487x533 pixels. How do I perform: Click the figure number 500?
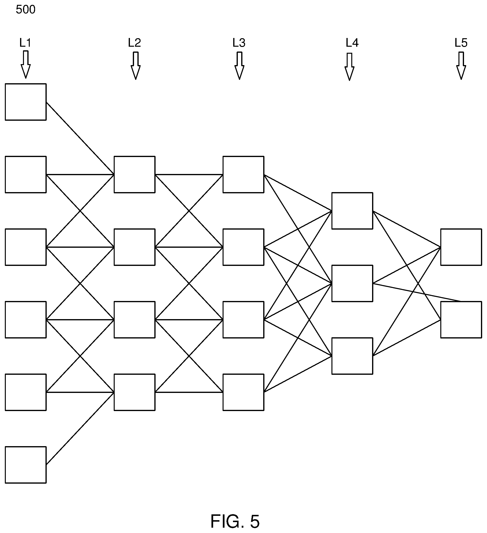[x=25, y=9]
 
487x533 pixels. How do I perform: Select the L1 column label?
[x=25, y=43]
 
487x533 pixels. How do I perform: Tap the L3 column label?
[x=239, y=43]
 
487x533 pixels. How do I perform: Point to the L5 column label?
[x=461, y=43]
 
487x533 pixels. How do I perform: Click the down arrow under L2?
[x=135, y=66]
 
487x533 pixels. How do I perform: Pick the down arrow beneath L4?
[x=349, y=67]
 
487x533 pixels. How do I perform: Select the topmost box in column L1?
[x=26, y=102]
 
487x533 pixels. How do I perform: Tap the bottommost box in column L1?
[x=26, y=465]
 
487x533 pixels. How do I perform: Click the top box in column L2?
[x=135, y=174]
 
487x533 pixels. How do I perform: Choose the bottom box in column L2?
[x=135, y=392]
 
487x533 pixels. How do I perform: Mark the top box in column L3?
[x=243, y=174]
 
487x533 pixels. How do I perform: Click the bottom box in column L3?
[x=243, y=392]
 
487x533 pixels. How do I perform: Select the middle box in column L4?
[x=352, y=283]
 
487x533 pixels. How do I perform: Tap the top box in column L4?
[x=352, y=211]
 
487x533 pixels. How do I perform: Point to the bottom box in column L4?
[x=352, y=356]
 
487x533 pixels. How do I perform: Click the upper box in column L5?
[x=461, y=247]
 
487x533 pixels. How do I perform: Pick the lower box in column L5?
[x=461, y=320]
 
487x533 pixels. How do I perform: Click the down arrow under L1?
[x=26, y=65]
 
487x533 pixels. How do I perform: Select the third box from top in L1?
[x=26, y=247]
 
